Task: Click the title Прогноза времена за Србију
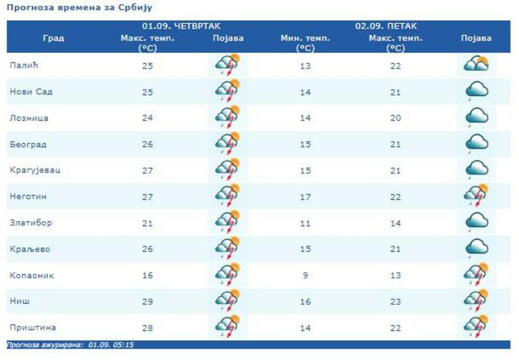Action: (79, 8)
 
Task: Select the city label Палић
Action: (24, 65)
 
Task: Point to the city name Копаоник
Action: (32, 275)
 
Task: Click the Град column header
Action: (53, 38)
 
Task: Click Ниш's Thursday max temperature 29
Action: (147, 301)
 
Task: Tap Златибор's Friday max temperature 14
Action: (395, 223)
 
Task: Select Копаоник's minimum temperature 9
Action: (305, 275)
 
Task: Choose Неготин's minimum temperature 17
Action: (305, 196)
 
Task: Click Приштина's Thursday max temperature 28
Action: (147, 327)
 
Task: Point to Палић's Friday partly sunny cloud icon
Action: (476, 65)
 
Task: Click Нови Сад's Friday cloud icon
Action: (477, 91)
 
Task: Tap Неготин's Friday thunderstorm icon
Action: (476, 195)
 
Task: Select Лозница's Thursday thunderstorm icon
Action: (227, 117)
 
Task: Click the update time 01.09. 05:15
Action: (111, 344)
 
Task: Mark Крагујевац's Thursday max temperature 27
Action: (147, 170)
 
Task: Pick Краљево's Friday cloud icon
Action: (477, 248)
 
